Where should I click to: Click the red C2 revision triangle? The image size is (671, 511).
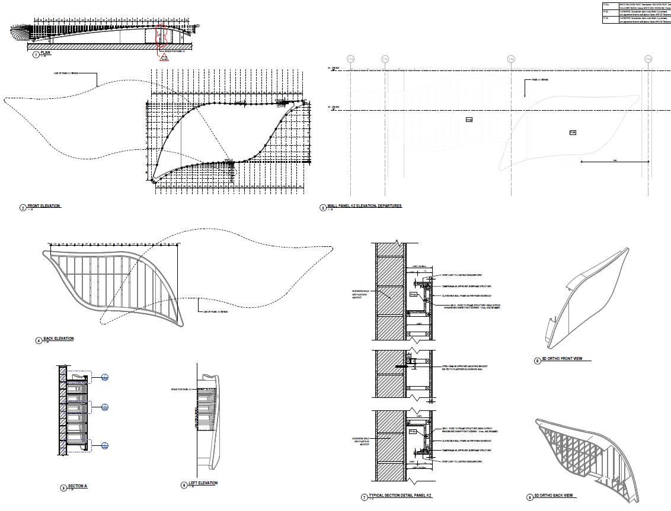point(164,57)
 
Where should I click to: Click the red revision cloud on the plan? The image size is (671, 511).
point(162,36)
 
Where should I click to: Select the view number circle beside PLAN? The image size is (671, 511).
point(36,54)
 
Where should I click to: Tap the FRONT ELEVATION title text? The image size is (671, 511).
point(44,206)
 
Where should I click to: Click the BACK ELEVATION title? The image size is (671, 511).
point(58,339)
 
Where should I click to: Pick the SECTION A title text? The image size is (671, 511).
point(77,486)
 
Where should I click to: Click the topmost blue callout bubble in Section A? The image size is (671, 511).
point(104,377)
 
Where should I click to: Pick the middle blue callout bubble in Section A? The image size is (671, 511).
point(104,407)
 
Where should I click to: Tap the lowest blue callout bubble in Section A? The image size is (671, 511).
point(104,445)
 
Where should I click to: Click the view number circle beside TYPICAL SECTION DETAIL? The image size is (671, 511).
point(365,497)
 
